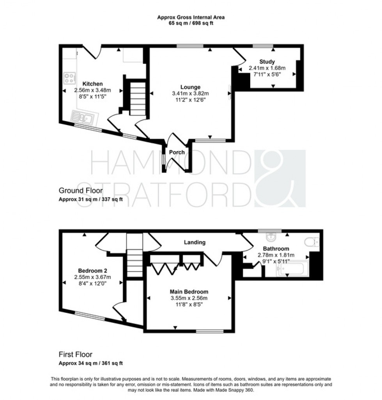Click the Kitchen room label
point(92,84)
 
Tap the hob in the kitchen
point(70,78)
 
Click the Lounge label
point(190,87)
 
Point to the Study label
point(267,62)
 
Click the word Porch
point(177,152)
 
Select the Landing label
point(195,242)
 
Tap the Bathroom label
point(276,248)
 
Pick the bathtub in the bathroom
point(292,268)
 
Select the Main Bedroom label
point(189,291)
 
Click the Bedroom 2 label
point(92,271)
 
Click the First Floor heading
point(76,354)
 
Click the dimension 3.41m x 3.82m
point(190,93)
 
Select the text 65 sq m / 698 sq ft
point(191,23)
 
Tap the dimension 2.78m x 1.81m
point(276,255)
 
